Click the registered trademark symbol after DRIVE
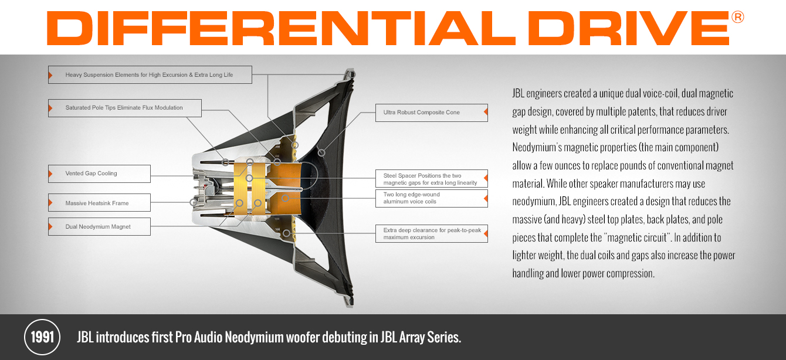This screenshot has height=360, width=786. [x=737, y=17]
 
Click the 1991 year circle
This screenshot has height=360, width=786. [x=42, y=337]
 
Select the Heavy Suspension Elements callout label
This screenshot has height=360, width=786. [x=150, y=74]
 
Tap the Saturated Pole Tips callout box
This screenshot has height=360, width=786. [x=124, y=108]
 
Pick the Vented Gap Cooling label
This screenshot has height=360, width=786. [x=99, y=174]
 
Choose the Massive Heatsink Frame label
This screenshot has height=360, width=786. [x=99, y=202]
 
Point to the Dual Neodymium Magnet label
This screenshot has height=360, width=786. [x=99, y=227]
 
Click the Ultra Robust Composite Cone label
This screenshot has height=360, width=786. [x=432, y=113]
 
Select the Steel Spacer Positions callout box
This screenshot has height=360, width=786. [x=432, y=179]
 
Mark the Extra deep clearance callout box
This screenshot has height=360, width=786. [x=432, y=234]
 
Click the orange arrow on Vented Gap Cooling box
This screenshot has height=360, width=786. [x=50, y=174]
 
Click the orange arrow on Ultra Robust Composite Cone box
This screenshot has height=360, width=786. [x=486, y=112]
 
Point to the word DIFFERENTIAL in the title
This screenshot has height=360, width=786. [x=281, y=28]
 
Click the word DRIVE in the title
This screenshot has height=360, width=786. [x=629, y=28]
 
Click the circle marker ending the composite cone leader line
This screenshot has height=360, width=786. [x=321, y=152]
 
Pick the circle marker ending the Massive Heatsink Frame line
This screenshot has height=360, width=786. [x=193, y=202]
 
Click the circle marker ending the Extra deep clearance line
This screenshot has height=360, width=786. [x=286, y=233]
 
